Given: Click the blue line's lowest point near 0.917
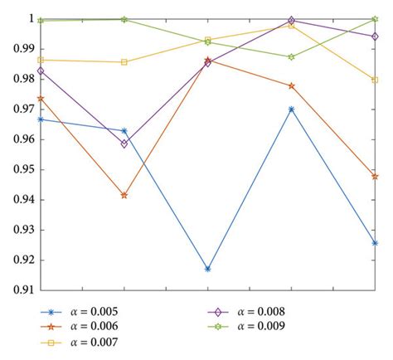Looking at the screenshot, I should click(207, 269).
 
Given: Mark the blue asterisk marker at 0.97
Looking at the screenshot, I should click(291, 109).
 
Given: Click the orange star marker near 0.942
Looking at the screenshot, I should click(124, 195).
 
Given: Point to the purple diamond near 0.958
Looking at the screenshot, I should click(124, 144).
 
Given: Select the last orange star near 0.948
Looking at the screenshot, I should click(375, 176).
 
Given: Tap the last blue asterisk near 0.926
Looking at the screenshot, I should click(375, 243).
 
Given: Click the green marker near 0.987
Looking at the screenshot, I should click(291, 56).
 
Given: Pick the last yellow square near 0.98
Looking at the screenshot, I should click(375, 80).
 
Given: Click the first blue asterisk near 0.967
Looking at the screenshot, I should click(41, 119).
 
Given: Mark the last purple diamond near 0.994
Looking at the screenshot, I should click(375, 36).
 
